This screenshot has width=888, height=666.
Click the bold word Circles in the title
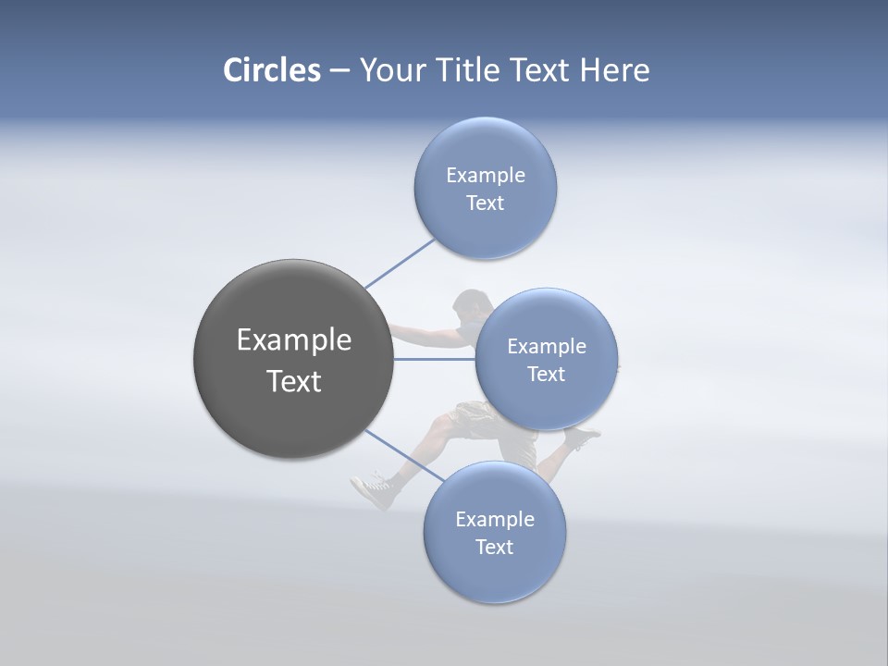tap(271, 70)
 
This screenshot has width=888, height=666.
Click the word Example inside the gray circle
tap(293, 339)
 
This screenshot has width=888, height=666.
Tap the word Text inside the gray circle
tap(293, 381)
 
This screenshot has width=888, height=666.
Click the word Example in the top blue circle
tap(485, 175)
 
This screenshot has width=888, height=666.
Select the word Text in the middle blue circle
tap(546, 374)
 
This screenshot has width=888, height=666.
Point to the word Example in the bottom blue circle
tap(494, 519)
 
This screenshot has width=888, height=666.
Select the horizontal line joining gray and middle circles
tap(434, 359)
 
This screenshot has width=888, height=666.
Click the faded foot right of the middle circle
tap(584, 436)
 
